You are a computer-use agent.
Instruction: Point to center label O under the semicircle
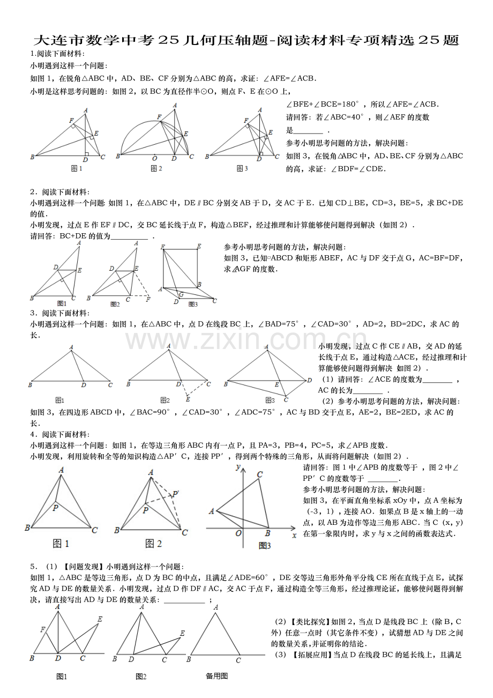[155, 159]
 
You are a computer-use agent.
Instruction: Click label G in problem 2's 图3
[181, 294]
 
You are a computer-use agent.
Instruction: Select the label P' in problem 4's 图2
[175, 494]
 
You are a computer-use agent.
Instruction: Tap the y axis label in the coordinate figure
[237, 467]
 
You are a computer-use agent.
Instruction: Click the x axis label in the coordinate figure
[294, 534]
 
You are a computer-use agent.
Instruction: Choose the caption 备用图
[216, 676]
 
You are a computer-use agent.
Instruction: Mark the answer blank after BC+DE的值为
[129, 236]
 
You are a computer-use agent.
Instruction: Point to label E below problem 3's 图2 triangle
[188, 399]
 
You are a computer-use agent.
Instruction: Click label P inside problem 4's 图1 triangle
[55, 507]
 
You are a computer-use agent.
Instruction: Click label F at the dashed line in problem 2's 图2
[148, 299]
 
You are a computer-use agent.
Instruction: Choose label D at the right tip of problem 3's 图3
[310, 380]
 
